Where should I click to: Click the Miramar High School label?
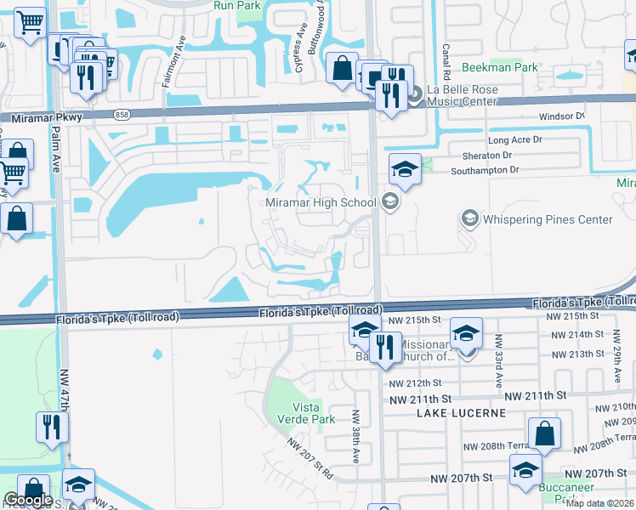(x=320, y=202)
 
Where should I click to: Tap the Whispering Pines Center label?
(x=548, y=219)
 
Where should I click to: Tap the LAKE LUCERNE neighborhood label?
(x=462, y=412)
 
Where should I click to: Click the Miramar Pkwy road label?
(x=42, y=119)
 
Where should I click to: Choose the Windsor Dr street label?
(x=562, y=116)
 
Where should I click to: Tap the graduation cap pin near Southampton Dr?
(x=405, y=169)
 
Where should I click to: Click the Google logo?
(x=28, y=500)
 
